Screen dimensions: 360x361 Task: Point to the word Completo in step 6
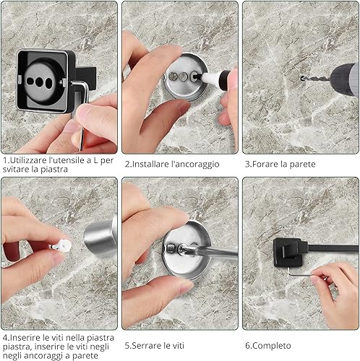[x=272, y=346]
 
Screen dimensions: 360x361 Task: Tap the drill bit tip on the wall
[x=302, y=78]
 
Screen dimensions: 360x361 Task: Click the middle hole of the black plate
[x=39, y=82]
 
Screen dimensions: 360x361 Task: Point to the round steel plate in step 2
[x=186, y=77]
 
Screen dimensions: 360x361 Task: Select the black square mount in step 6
[x=289, y=253]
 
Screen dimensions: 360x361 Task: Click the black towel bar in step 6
[x=333, y=248]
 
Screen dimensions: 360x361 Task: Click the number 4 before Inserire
[x=5, y=337]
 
